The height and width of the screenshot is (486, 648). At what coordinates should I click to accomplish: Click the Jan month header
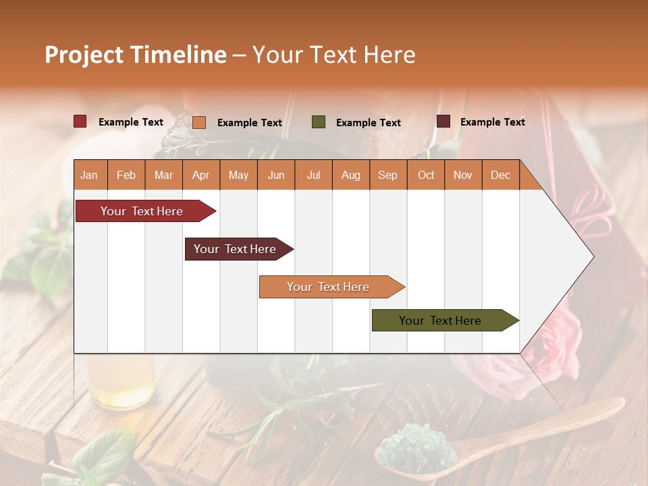coord(89,175)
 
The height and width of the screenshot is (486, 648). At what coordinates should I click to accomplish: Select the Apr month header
coord(200,175)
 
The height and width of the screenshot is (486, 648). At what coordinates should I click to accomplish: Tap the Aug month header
coord(350,175)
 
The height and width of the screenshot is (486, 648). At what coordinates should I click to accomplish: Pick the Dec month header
coord(500,175)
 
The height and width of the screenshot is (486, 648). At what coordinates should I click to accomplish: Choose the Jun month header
coord(276,175)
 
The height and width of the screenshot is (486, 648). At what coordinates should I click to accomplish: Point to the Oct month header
coord(426,175)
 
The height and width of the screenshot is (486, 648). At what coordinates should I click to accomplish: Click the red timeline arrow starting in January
coord(142,211)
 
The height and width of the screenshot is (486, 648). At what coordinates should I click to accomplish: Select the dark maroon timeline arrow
coord(236,249)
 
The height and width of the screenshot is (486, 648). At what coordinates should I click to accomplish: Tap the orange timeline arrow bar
coord(329,287)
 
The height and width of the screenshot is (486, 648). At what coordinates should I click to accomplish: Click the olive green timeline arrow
coord(441,321)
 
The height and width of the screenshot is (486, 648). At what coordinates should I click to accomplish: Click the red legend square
coord(80,122)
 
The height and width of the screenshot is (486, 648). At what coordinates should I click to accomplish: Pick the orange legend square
coord(199,122)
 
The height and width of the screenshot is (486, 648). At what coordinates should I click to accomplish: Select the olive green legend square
coord(319,122)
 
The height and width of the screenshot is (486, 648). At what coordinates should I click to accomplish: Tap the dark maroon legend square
coord(443,122)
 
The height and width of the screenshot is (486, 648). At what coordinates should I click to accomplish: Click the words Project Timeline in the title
coord(135,55)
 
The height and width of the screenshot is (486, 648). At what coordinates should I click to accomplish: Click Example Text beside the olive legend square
coord(369,123)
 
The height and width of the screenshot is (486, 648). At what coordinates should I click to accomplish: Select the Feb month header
coord(126,175)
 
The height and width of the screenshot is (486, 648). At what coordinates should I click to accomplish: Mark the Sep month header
coord(387,175)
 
